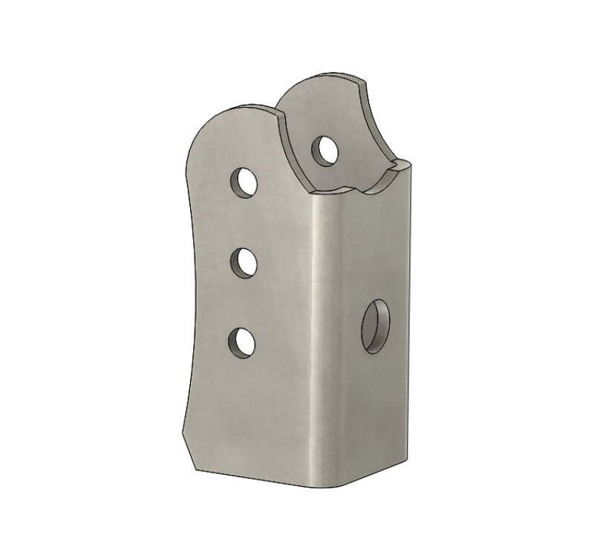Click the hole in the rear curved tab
pyautogui.click(x=324, y=149)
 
